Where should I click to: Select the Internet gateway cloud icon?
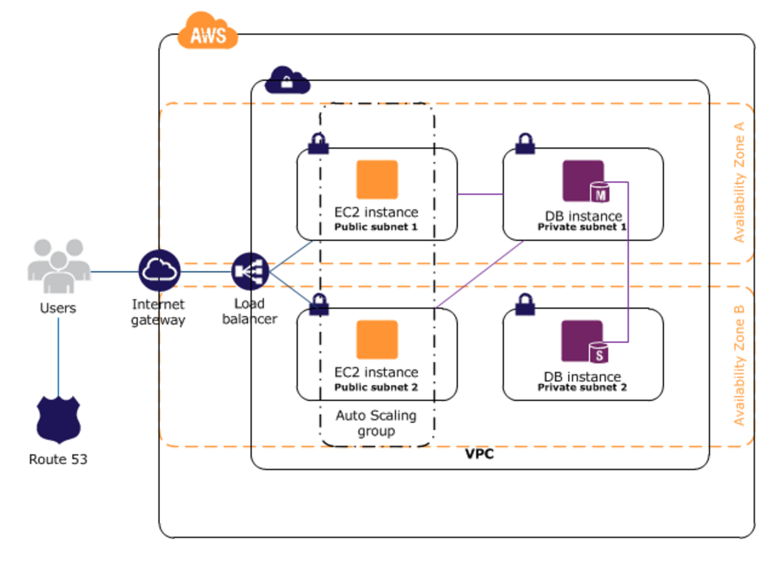[159, 272]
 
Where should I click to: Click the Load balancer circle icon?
[248, 272]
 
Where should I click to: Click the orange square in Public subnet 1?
[377, 179]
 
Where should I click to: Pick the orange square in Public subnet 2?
[377, 340]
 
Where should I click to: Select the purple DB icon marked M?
[586, 181]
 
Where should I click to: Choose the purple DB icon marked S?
[586, 341]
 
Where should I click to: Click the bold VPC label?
[479, 454]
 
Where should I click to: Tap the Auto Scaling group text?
[376, 424]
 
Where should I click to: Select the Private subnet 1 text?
[582, 228]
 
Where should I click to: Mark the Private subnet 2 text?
[582, 388]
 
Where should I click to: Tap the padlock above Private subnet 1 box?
[525, 144]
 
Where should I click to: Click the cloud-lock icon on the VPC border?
[287, 79]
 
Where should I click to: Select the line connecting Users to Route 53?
[58, 356]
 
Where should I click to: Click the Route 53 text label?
[58, 460]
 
